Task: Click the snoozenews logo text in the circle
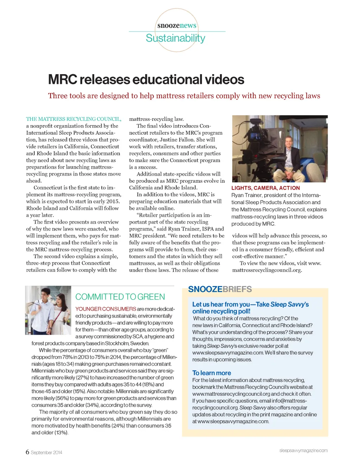coord(177,26)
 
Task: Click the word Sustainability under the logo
coord(175,38)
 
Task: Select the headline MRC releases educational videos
coord(146,80)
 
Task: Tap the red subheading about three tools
coord(184,96)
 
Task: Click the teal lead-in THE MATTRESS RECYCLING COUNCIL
coord(73,119)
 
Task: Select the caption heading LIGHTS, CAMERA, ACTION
coord(265,188)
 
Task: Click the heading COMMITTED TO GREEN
coord(120,297)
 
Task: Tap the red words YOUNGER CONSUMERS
coord(105,309)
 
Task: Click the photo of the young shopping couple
coord(48,310)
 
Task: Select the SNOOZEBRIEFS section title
coord(220,289)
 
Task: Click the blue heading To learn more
coord(212,373)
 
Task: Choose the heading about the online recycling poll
coord(250,308)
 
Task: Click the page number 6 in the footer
coord(27,452)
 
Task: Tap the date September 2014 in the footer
coord(46,453)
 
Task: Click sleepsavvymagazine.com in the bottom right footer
coord(303,450)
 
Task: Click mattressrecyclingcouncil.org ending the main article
coord(267,270)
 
